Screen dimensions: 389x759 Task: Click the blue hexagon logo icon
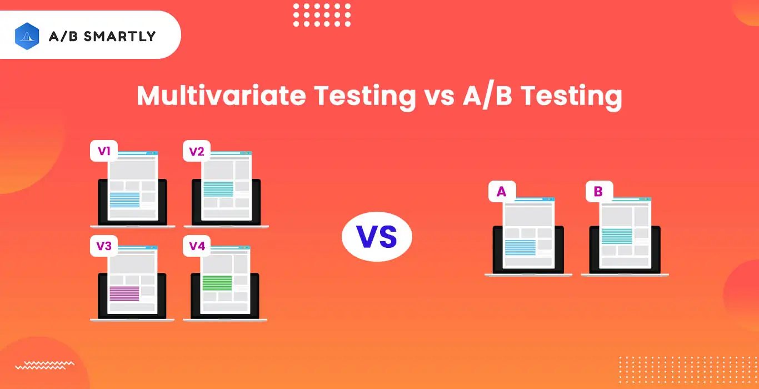pyautogui.click(x=27, y=36)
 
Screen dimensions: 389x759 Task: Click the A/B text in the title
pyautogui.click(x=487, y=96)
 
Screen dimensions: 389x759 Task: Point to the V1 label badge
pyautogui.click(x=103, y=151)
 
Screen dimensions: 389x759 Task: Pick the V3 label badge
pyautogui.click(x=103, y=246)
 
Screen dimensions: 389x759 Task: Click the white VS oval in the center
pyautogui.click(x=377, y=237)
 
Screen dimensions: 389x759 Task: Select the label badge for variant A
pyautogui.click(x=501, y=192)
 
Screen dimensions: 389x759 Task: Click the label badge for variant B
pyautogui.click(x=598, y=192)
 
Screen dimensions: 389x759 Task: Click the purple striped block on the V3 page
pyautogui.click(x=124, y=293)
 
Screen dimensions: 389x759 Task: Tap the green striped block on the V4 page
pyautogui.click(x=217, y=283)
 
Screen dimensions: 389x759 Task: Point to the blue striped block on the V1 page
pyautogui.click(x=124, y=199)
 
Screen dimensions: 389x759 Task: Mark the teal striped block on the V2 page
pyautogui.click(x=218, y=189)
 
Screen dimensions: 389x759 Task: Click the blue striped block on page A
pyautogui.click(x=520, y=247)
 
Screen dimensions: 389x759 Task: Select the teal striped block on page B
pyautogui.click(x=616, y=236)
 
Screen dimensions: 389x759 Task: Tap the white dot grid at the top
pyautogui.click(x=322, y=15)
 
